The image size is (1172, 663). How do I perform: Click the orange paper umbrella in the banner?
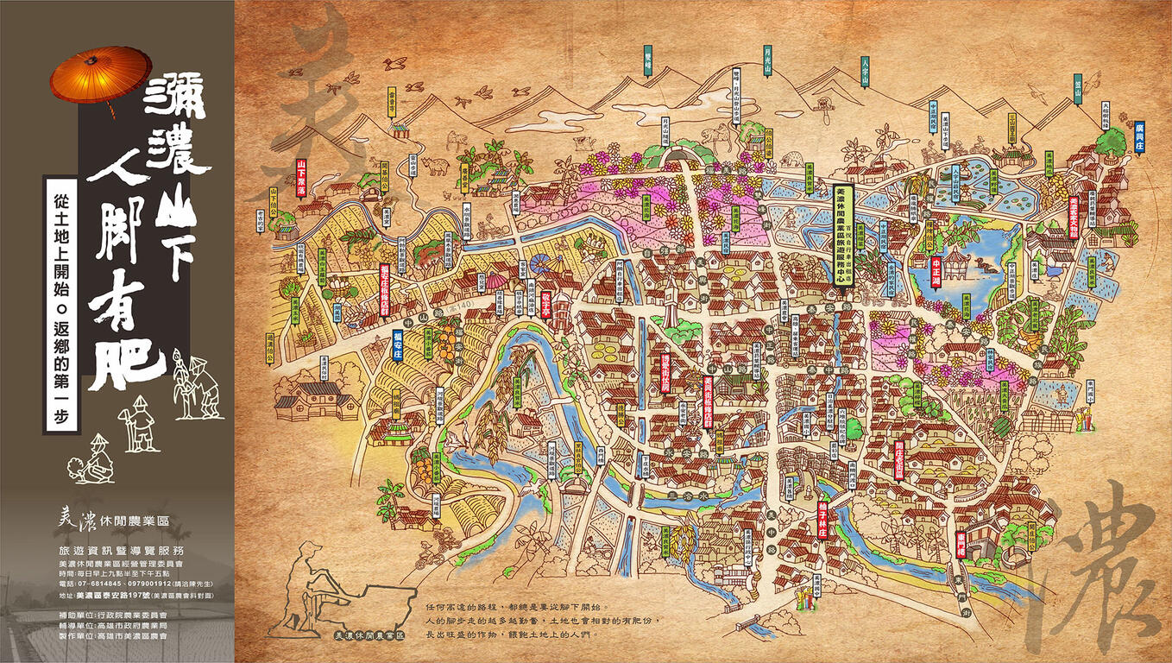tap(100, 73)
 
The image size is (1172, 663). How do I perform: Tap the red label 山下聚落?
tap(301, 179)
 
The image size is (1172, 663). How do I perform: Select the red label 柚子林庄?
tap(822, 518)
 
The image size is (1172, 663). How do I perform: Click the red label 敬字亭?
tap(546, 300)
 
